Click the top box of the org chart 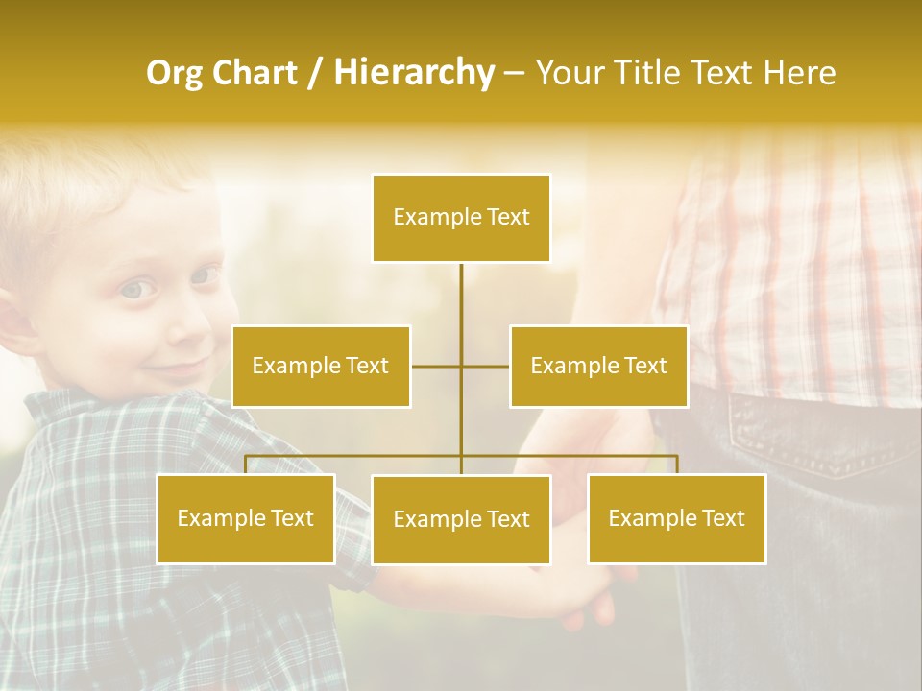pyautogui.click(x=461, y=218)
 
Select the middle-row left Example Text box pyautogui.click(x=321, y=367)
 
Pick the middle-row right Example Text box pyautogui.click(x=598, y=367)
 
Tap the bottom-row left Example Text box pyautogui.click(x=246, y=519)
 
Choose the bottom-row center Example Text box pyautogui.click(x=461, y=520)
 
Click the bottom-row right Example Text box pyautogui.click(x=676, y=519)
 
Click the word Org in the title pyautogui.click(x=174, y=73)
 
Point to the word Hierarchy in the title pyautogui.click(x=414, y=73)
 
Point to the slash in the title pyautogui.click(x=315, y=73)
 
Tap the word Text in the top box pyautogui.click(x=508, y=218)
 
